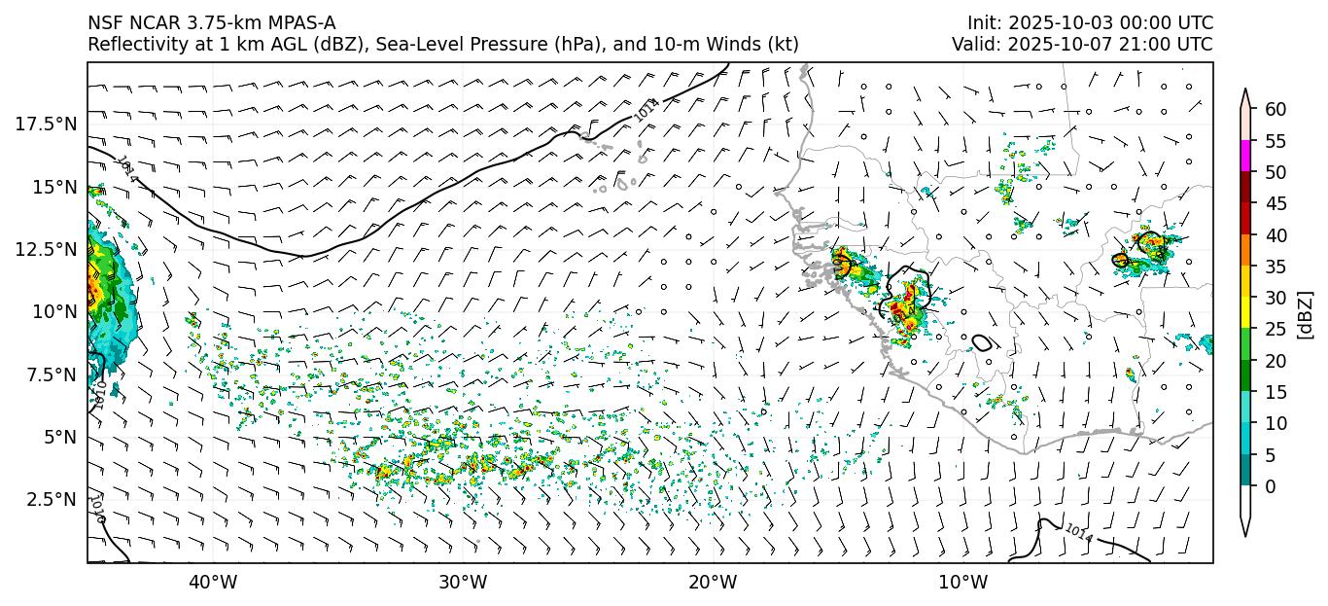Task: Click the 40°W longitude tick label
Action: click(x=212, y=583)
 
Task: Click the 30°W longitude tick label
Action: click(x=463, y=583)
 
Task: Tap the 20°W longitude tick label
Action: click(x=713, y=583)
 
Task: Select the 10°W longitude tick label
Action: click(x=963, y=583)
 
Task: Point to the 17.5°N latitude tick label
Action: click(x=45, y=124)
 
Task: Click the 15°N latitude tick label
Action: click(x=52, y=187)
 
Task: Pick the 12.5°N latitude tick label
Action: click(x=45, y=249)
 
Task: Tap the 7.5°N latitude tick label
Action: click(x=49, y=374)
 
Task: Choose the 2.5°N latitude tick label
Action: click(x=49, y=499)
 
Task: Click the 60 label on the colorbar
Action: click(x=1276, y=109)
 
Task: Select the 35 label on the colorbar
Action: click(x=1276, y=267)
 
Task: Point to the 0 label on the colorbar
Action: click(x=1271, y=486)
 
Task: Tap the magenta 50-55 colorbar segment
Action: click(x=1245, y=157)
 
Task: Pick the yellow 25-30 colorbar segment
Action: click(x=1245, y=313)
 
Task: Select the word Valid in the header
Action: click(x=971, y=44)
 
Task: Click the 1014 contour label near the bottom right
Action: click(x=1079, y=532)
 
